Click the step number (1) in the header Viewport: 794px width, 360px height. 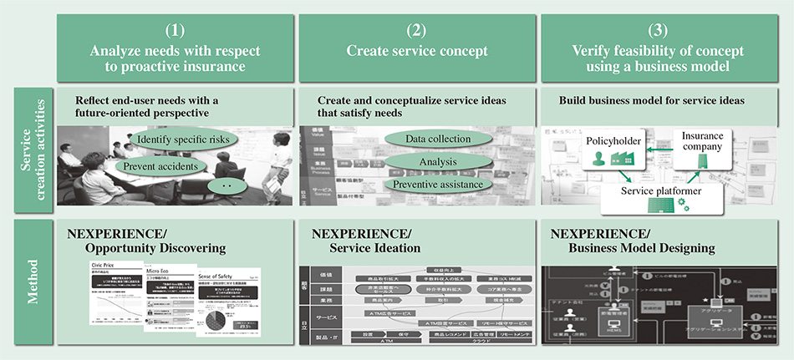pyautogui.click(x=175, y=31)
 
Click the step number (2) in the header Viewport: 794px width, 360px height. pyautogui.click(x=417, y=31)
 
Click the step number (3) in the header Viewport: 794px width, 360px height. pyautogui.click(x=657, y=31)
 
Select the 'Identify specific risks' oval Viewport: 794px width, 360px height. pyautogui.click(x=185, y=139)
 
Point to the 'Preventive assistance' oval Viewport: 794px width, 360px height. pyautogui.click(x=437, y=184)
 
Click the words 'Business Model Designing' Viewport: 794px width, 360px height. pyautogui.click(x=641, y=248)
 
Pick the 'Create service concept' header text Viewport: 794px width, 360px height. pyautogui.click(x=417, y=51)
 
